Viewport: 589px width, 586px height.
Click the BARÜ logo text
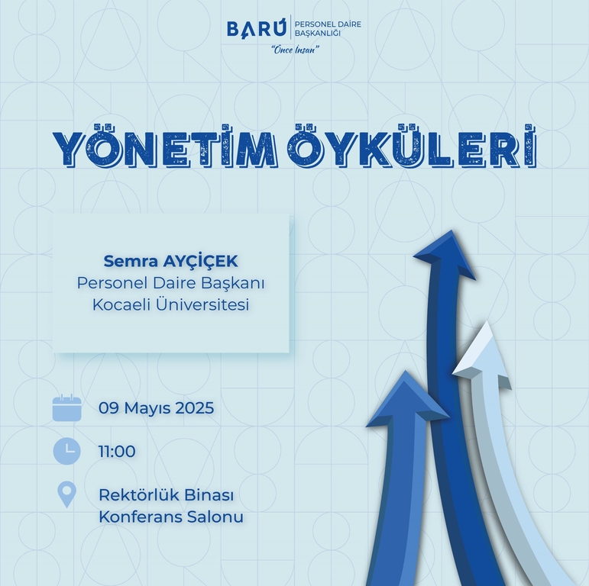click(256, 27)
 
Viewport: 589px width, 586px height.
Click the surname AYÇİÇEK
click(200, 262)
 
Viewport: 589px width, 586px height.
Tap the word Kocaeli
click(121, 304)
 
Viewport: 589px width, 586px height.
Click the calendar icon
click(67, 407)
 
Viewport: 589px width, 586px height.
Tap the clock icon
click(67, 451)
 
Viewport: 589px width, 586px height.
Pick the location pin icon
click(67, 494)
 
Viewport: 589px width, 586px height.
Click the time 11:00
click(117, 451)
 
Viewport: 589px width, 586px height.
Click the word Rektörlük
click(140, 495)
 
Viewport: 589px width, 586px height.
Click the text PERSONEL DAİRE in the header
click(328, 24)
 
